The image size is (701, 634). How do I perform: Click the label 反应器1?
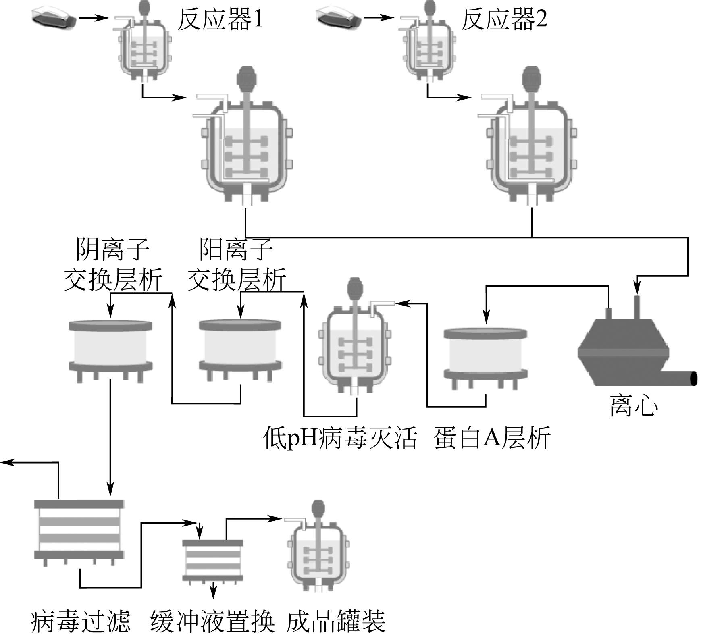pos(220,19)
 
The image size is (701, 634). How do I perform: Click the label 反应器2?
pos(504,19)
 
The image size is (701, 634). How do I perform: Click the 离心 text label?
pos(634,405)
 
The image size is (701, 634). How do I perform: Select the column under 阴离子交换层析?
pos(110,349)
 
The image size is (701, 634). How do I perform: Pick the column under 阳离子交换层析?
pos(240,349)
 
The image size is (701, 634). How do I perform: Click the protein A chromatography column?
pos(485,357)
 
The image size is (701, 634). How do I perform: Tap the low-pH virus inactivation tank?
pos(355,347)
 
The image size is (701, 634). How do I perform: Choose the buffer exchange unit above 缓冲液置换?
pos(213,560)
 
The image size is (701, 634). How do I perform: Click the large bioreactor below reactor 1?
pos(247,149)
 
